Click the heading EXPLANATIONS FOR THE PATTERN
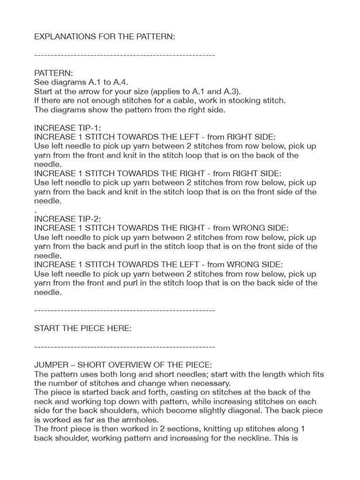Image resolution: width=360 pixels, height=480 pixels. [105, 36]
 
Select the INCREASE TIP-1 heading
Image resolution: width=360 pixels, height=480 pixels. [67, 127]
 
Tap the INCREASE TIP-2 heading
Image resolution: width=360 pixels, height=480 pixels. [67, 219]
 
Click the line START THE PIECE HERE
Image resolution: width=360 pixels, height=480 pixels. [83, 328]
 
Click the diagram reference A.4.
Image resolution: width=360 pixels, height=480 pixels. [121, 82]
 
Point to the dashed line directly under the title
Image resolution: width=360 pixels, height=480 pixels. [125, 55]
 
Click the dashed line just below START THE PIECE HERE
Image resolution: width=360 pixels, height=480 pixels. [125, 347]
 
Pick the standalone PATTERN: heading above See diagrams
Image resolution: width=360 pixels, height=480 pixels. [53, 73]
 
